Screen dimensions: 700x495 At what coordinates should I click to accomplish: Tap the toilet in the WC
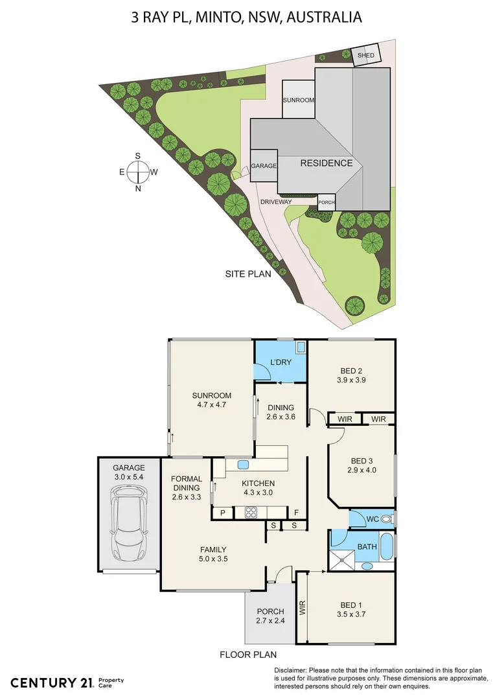[x=387, y=519]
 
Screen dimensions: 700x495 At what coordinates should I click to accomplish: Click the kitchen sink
[x=244, y=464]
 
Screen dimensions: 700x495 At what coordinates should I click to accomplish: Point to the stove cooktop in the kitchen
[x=251, y=513]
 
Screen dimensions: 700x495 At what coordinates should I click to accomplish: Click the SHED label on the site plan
[x=366, y=56]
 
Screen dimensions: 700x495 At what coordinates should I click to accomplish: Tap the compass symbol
[x=138, y=172]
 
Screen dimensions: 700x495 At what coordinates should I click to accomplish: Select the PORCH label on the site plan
[x=327, y=202]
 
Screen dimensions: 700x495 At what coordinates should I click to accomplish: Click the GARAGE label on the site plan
[x=264, y=166]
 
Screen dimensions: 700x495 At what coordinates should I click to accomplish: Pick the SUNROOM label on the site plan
[x=299, y=100]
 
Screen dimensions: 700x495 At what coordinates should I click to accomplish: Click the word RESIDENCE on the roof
[x=327, y=163]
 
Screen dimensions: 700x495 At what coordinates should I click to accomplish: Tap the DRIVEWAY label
[x=276, y=202]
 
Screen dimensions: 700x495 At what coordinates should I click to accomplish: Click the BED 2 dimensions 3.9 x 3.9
[x=352, y=380]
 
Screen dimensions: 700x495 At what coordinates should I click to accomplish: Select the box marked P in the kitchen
[x=222, y=513]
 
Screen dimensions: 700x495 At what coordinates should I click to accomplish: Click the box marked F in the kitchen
[x=296, y=513]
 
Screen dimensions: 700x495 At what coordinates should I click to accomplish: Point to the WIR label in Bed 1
[x=302, y=607]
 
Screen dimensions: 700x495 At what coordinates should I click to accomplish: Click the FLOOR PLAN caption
[x=248, y=655]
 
